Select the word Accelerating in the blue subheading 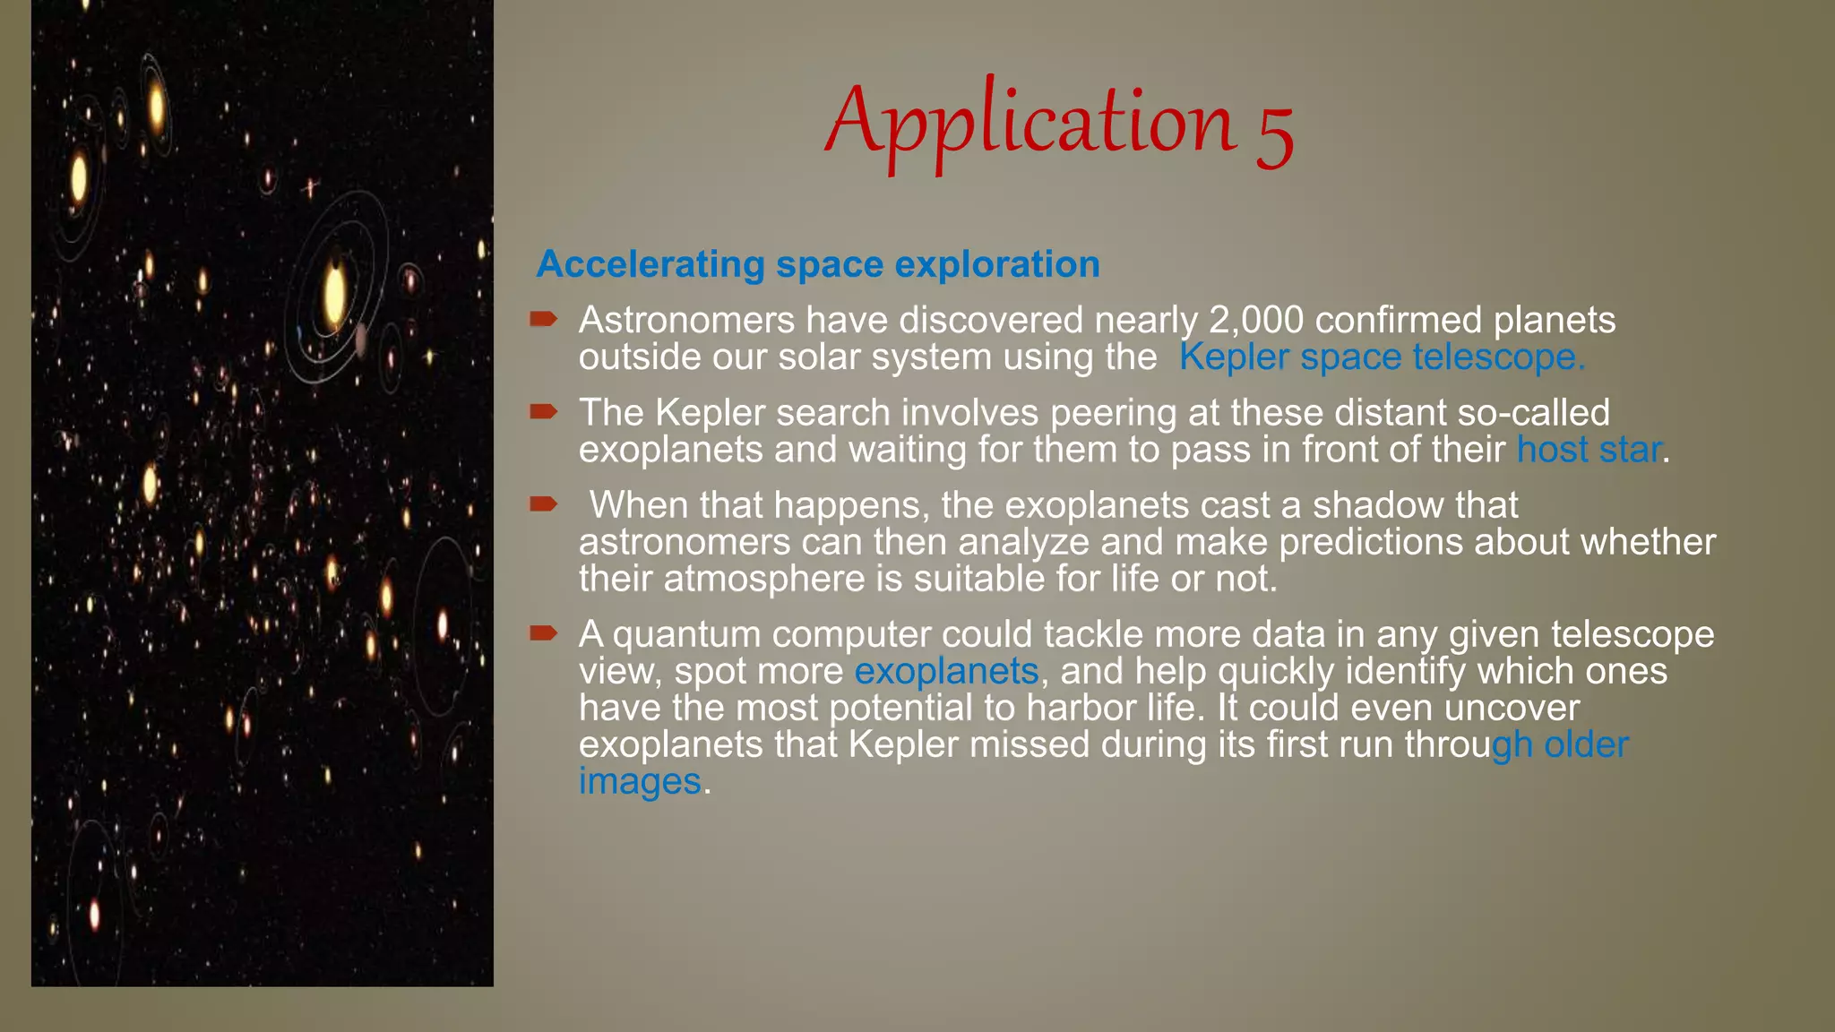(x=650, y=264)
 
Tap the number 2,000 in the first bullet (x=1256, y=320)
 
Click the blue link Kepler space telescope (x=1381, y=357)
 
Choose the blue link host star (x=1588, y=449)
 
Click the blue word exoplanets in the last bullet (x=946, y=671)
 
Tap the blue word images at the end (x=640, y=781)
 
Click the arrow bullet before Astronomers (x=543, y=319)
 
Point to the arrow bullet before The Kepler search (x=543, y=411)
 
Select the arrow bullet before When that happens (x=543, y=503)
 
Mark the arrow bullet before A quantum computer (x=543, y=633)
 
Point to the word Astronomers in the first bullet (x=686, y=320)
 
